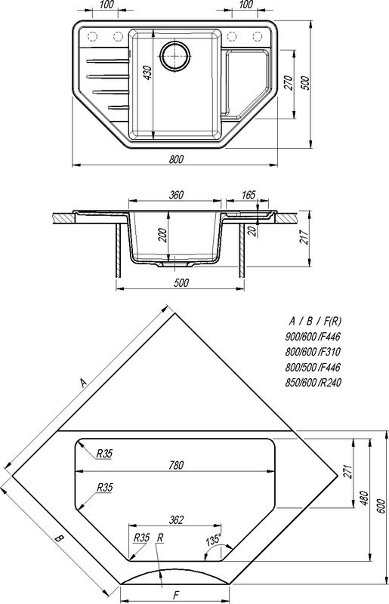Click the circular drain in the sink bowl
tap(175, 56)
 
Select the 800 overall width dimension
tap(176, 159)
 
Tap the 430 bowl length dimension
tap(147, 72)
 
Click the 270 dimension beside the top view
tap(289, 83)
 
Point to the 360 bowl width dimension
tap(176, 195)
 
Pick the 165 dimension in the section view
tap(248, 195)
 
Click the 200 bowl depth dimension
tap(162, 235)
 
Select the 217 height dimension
tap(304, 237)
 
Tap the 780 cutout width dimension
tap(176, 465)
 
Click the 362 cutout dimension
tap(176, 520)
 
